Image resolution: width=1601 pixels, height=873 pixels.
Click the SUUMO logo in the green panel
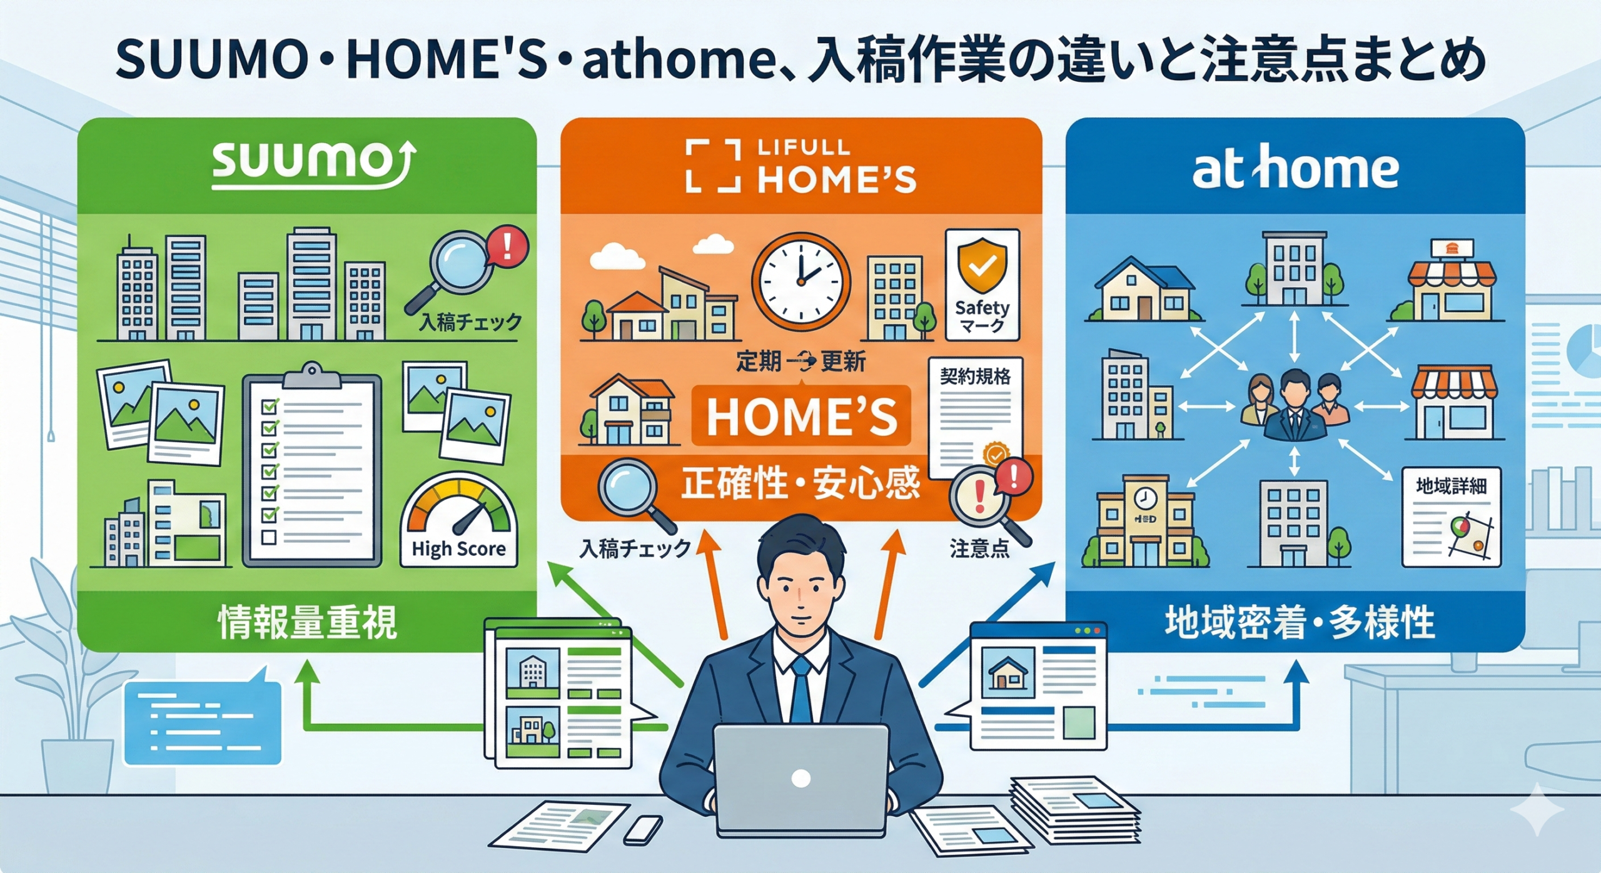[311, 164]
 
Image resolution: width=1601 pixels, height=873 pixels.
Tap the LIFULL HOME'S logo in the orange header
[800, 166]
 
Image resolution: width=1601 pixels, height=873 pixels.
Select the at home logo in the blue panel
[1295, 167]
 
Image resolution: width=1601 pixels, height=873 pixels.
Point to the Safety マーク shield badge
[982, 285]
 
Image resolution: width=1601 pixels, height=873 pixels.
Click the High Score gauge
[458, 520]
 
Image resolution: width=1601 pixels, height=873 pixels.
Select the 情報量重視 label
[307, 622]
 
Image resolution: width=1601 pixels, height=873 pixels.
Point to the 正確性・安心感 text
[800, 483]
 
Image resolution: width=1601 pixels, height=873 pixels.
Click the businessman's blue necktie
[801, 689]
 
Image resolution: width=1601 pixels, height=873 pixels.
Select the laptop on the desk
[801, 779]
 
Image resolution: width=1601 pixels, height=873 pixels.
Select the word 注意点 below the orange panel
[979, 549]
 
